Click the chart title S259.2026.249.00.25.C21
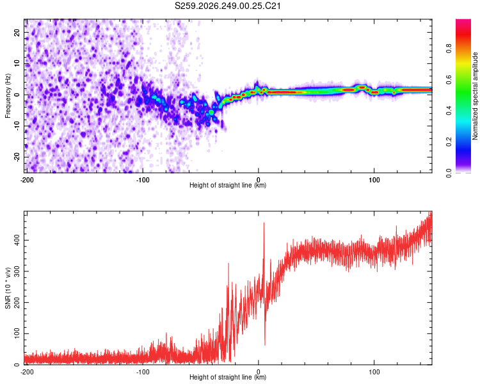(227, 6)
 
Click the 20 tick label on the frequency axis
(17, 33)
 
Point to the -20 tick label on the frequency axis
(17, 157)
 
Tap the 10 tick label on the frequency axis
(17, 64)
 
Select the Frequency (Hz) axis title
(8, 96)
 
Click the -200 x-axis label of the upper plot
(27, 180)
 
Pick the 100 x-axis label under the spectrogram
(374, 180)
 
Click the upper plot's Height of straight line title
(228, 185)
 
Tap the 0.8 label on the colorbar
(449, 49)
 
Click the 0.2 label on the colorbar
(449, 142)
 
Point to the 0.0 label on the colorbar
(449, 173)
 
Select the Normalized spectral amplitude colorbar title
(475, 96)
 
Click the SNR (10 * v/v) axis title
(8, 288)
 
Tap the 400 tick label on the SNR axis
(17, 240)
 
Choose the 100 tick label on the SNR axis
(17, 333)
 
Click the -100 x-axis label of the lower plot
(143, 372)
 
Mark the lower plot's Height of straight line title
(228, 377)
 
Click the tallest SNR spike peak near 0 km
(264, 223)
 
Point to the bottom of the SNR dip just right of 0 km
(265, 345)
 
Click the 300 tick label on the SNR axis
(17, 271)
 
